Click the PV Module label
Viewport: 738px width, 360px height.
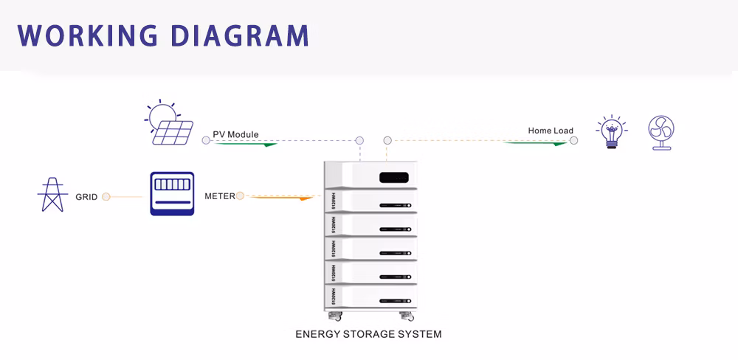[x=235, y=134]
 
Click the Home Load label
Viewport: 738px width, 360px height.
[x=550, y=131]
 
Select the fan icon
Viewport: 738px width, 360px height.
[x=661, y=133]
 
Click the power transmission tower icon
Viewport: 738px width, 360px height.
[x=52, y=195]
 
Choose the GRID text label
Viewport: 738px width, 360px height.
[x=86, y=197]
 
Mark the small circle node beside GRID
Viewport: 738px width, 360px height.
[x=106, y=197]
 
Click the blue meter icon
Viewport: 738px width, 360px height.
[x=172, y=193]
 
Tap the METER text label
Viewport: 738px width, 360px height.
[x=219, y=196]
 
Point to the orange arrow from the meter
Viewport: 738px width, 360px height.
[x=284, y=198]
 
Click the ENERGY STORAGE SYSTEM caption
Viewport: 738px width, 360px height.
[x=368, y=334]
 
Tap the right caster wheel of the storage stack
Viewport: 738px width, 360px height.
[x=407, y=316]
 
